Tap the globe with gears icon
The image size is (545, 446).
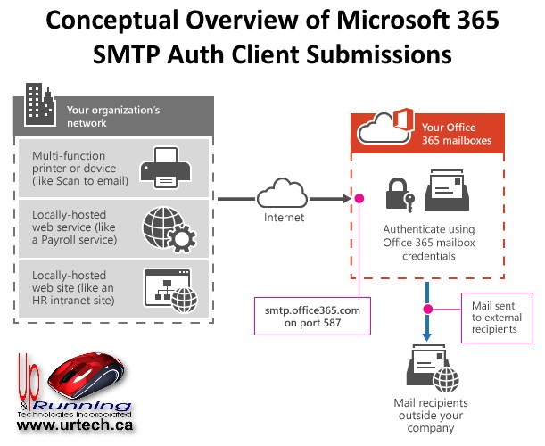point(169,227)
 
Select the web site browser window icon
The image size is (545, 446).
point(169,286)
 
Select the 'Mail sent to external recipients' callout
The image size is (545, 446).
point(496,317)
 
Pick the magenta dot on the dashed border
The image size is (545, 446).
point(359,199)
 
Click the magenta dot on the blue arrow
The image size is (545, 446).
point(428,310)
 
